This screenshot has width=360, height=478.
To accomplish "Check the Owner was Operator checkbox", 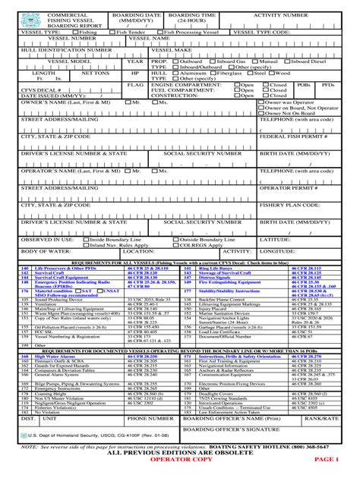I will point(262,101).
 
